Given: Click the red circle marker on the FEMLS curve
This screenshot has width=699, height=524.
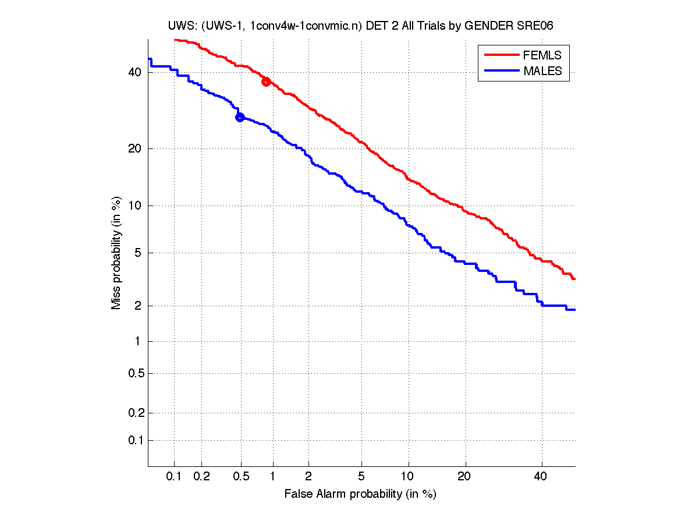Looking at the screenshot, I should point(266,82).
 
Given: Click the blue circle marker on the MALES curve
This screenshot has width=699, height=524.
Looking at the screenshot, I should point(239,117).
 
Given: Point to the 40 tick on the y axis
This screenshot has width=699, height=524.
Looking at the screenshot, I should point(135,72).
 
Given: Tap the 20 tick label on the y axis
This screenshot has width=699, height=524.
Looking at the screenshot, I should point(135,148).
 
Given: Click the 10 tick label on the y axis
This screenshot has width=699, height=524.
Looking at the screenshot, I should point(135,206).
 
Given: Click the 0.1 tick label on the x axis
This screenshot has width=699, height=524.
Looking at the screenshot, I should point(175,476).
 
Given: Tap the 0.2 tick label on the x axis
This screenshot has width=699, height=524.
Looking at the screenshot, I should point(201,476).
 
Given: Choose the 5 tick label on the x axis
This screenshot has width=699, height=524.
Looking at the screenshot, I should point(361,476).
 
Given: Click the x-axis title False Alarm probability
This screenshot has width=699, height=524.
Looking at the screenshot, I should point(360,494).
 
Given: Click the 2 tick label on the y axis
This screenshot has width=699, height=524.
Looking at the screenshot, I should point(139,306).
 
